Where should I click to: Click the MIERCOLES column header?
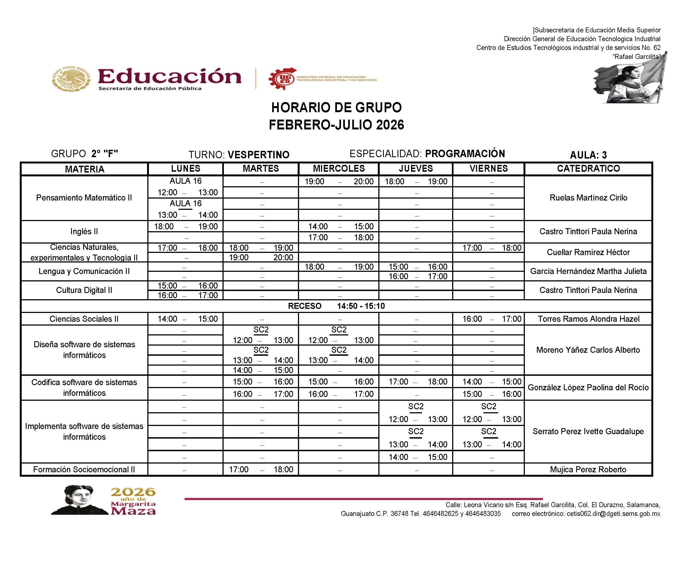click(x=339, y=168)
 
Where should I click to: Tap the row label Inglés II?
click(x=84, y=231)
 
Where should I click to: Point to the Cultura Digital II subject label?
click(x=84, y=290)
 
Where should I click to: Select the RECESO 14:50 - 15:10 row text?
click(x=336, y=306)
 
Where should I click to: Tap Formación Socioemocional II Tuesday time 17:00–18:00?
click(x=261, y=469)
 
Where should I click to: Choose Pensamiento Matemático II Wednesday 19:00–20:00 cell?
click(x=339, y=182)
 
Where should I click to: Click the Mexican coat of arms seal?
click(x=71, y=79)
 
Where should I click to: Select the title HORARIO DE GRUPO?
click(x=336, y=108)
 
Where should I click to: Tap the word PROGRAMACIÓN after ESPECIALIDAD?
click(x=465, y=154)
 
